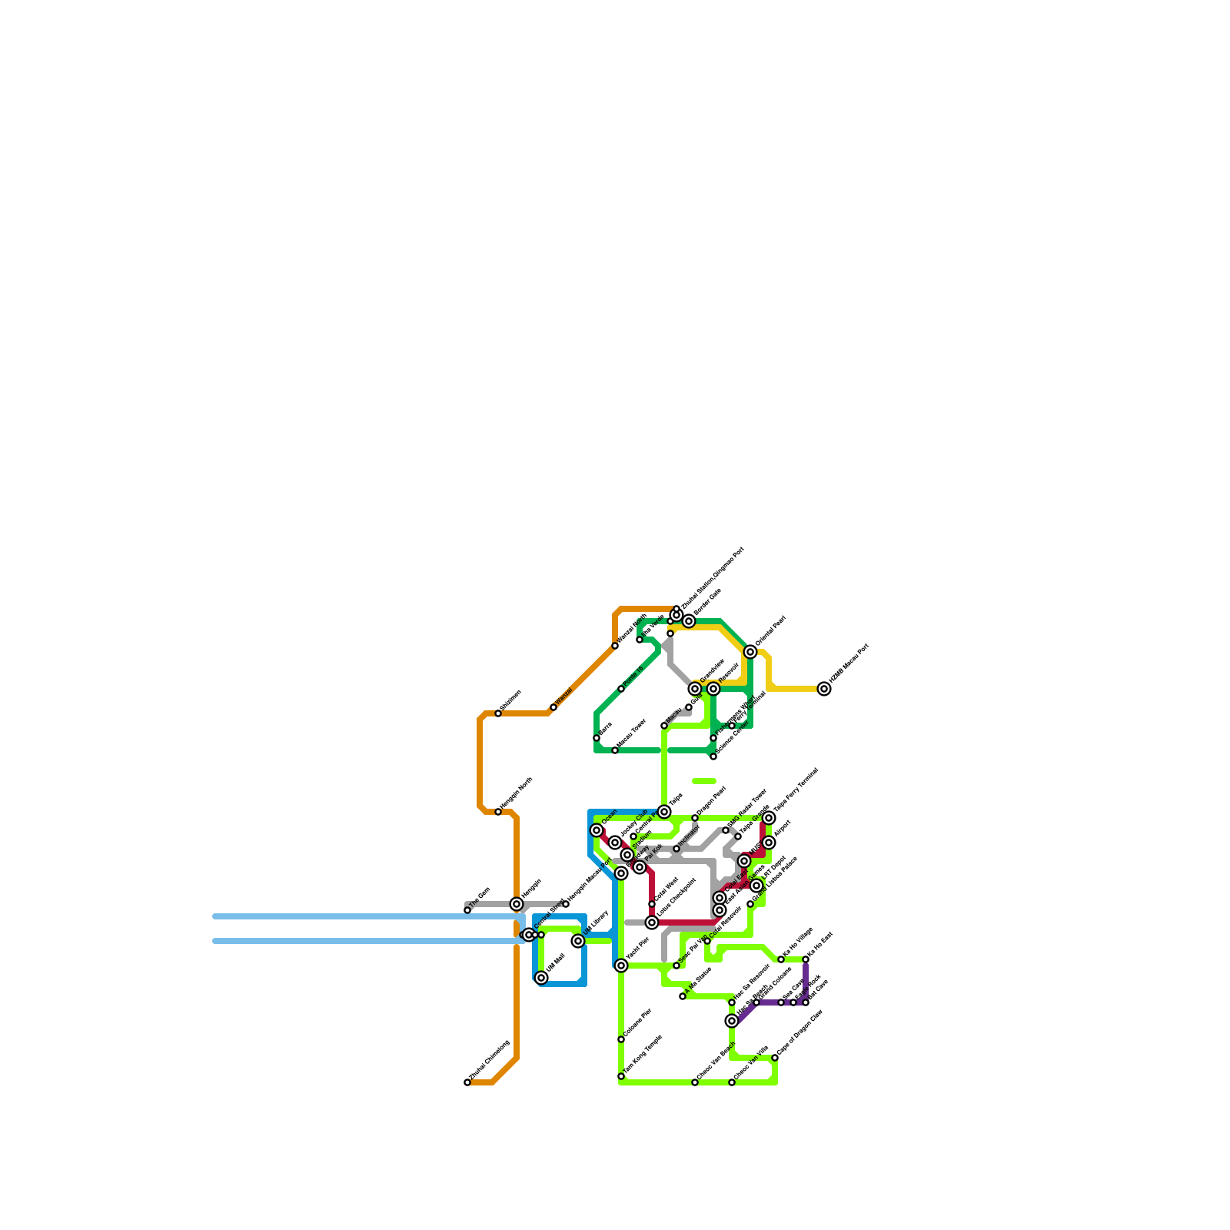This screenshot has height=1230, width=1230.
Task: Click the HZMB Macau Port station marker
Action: point(824,689)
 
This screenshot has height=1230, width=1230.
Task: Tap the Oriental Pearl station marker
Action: point(750,652)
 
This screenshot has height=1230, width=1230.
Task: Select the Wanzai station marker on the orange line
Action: point(553,707)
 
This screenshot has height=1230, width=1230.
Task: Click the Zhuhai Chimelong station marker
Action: point(467,1082)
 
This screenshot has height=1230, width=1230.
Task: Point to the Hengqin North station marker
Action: point(498,812)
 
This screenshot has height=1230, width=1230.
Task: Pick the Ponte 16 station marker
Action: point(621,689)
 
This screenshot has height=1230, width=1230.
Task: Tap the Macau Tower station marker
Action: point(615,750)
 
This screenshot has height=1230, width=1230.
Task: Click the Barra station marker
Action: point(597,738)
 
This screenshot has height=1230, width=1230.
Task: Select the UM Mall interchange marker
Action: point(541,978)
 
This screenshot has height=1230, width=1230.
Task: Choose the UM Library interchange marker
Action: point(578,941)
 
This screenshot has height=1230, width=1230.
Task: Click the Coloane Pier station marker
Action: point(621,1039)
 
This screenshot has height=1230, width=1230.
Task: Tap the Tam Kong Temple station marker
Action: point(621,1076)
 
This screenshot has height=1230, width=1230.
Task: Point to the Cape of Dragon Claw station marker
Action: point(775,1058)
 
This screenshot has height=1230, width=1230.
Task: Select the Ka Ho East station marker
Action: point(806,959)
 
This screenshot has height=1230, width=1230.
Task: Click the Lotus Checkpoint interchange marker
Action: point(652,922)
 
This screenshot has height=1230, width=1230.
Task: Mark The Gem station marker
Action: point(467,910)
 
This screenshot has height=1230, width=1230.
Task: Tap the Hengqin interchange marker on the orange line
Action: point(517,904)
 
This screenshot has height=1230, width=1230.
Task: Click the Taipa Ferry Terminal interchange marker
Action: point(769,818)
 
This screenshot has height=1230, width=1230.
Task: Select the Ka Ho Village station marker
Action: point(781,959)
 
